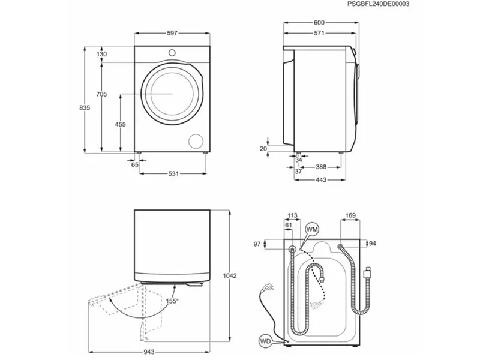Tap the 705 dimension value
[101, 94]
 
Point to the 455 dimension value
[120, 124]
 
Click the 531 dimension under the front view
[173, 173]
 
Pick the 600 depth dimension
[319, 23]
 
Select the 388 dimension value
[322, 167]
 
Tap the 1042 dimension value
[230, 276]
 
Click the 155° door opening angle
[172, 302]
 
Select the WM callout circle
[311, 229]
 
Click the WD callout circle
[265, 341]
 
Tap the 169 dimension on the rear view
[350, 215]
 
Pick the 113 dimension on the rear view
[292, 215]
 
